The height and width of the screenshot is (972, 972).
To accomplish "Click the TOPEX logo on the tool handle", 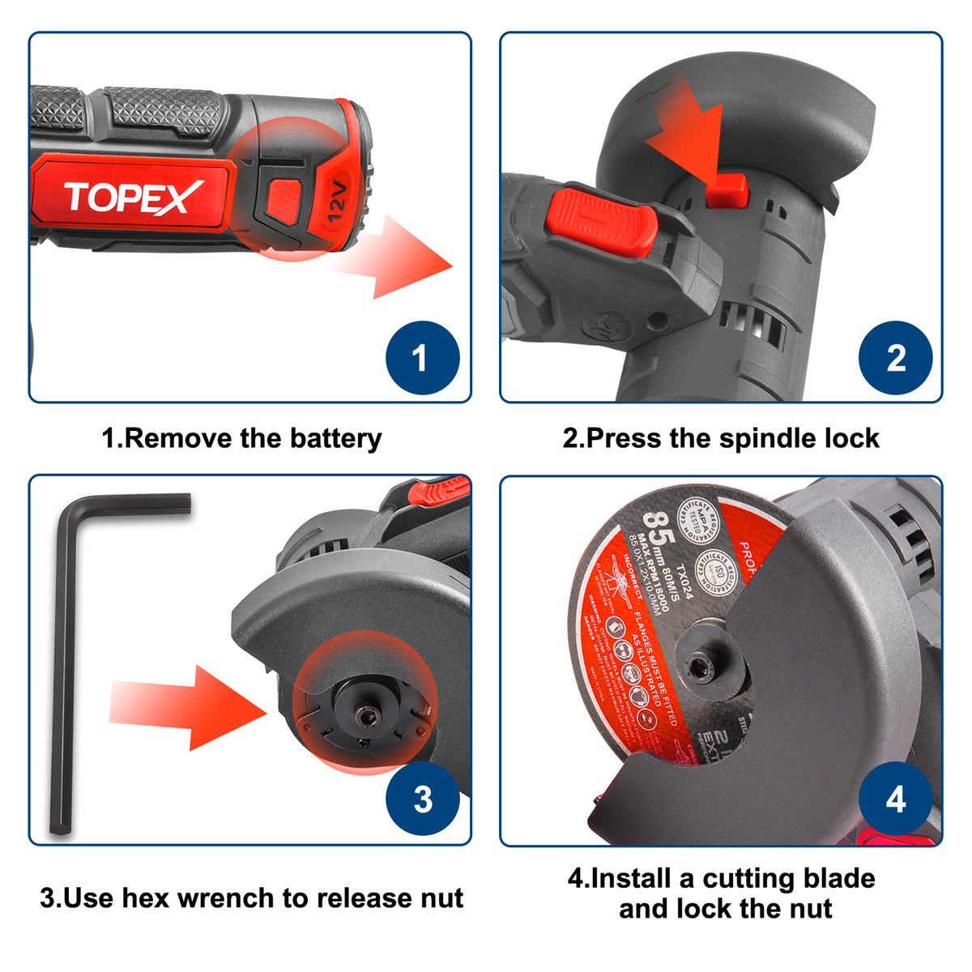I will pyautogui.click(x=134, y=197).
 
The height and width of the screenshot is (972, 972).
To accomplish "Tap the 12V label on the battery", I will pyautogui.click(x=337, y=202).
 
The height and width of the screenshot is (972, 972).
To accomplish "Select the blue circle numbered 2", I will pyautogui.click(x=895, y=358).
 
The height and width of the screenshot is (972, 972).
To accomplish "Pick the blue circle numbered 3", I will pyautogui.click(x=422, y=799).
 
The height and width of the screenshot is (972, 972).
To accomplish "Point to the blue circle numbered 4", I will pyautogui.click(x=895, y=799).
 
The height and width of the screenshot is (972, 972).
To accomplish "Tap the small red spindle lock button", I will pyautogui.click(x=725, y=189).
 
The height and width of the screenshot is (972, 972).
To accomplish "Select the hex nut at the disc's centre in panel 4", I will pyautogui.click(x=699, y=668).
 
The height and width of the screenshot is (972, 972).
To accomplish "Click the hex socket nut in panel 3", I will pyautogui.click(x=364, y=717).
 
